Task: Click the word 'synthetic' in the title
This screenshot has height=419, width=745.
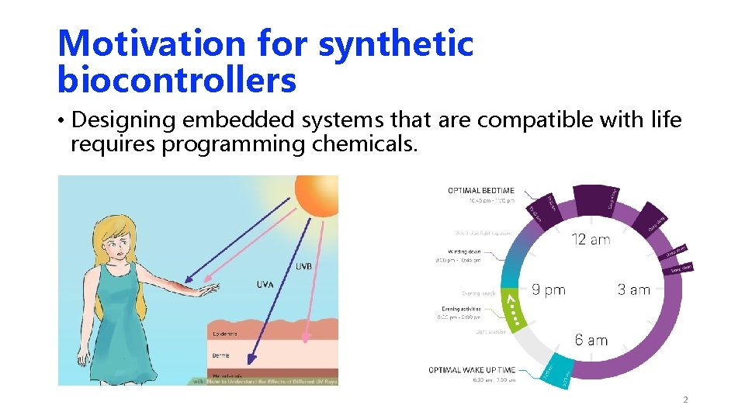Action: click(395, 43)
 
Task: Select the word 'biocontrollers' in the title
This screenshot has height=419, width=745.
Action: click(177, 79)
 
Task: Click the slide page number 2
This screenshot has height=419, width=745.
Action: click(685, 400)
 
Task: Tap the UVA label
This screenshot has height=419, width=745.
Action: click(265, 286)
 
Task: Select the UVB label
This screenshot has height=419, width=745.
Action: click(303, 266)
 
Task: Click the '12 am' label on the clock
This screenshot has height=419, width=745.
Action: click(591, 240)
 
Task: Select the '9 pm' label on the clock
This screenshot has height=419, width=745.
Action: click(549, 290)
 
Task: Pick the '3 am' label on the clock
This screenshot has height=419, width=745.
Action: click(633, 290)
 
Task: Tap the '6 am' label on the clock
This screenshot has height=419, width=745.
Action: click(591, 340)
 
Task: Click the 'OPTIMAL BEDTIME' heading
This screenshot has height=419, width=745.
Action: click(480, 191)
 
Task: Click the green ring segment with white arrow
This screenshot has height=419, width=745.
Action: click(512, 308)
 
